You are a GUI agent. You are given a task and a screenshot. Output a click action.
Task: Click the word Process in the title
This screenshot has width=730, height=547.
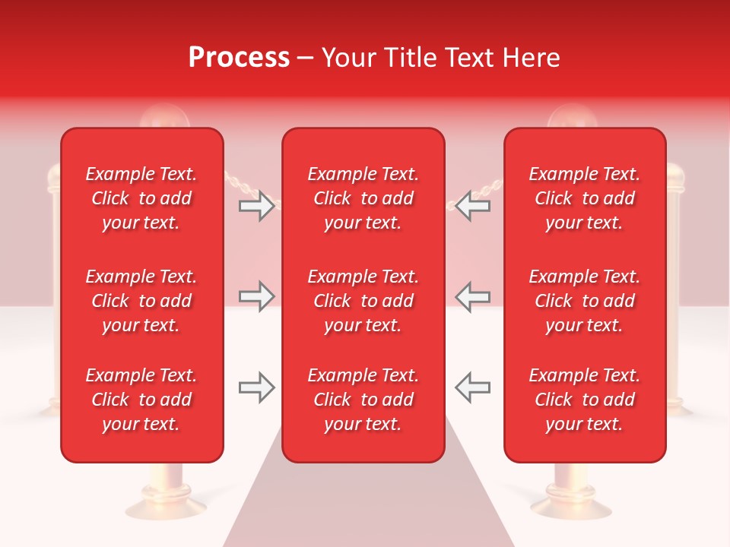[x=239, y=58]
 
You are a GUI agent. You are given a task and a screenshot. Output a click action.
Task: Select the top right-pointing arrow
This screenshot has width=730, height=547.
[x=256, y=206]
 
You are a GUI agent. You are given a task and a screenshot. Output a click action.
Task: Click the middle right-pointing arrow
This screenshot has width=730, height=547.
[x=256, y=296]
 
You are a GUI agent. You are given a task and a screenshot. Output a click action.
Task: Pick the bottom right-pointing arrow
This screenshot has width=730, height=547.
[x=256, y=387]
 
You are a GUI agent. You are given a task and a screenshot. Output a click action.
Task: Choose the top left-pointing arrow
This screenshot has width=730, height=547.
[x=473, y=206]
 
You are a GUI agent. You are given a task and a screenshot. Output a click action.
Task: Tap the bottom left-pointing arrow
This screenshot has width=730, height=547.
[x=473, y=387]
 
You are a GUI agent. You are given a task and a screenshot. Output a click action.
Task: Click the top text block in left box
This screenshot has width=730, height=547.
[x=141, y=198]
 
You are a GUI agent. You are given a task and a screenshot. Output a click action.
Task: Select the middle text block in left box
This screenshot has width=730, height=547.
[x=141, y=301]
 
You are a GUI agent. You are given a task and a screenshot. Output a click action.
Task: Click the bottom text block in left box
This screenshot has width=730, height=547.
[x=141, y=400]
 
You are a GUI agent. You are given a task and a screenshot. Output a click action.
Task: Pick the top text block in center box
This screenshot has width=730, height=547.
[x=363, y=198]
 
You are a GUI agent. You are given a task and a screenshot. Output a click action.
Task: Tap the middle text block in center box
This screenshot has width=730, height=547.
[x=363, y=301]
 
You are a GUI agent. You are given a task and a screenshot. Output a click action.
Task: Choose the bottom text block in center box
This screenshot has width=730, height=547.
[x=363, y=400]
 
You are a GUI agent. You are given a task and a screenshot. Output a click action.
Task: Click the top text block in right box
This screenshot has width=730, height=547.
[x=584, y=198]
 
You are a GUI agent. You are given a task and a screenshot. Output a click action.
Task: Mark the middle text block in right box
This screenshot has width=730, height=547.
[x=584, y=301]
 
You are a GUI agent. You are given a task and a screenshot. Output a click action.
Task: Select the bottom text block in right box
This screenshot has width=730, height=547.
[x=584, y=400]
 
